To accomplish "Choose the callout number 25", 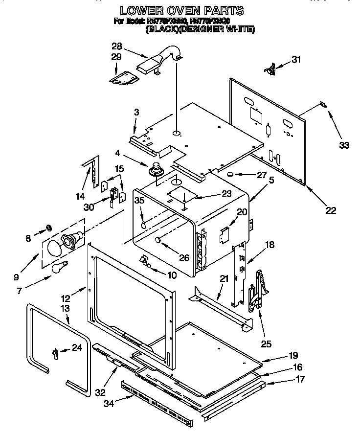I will coord(266,343).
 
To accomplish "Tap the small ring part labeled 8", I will coord(49,227).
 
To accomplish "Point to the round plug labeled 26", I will coord(158,240).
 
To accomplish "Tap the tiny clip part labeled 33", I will coord(322,104).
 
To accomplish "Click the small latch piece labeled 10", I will coord(144,261).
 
